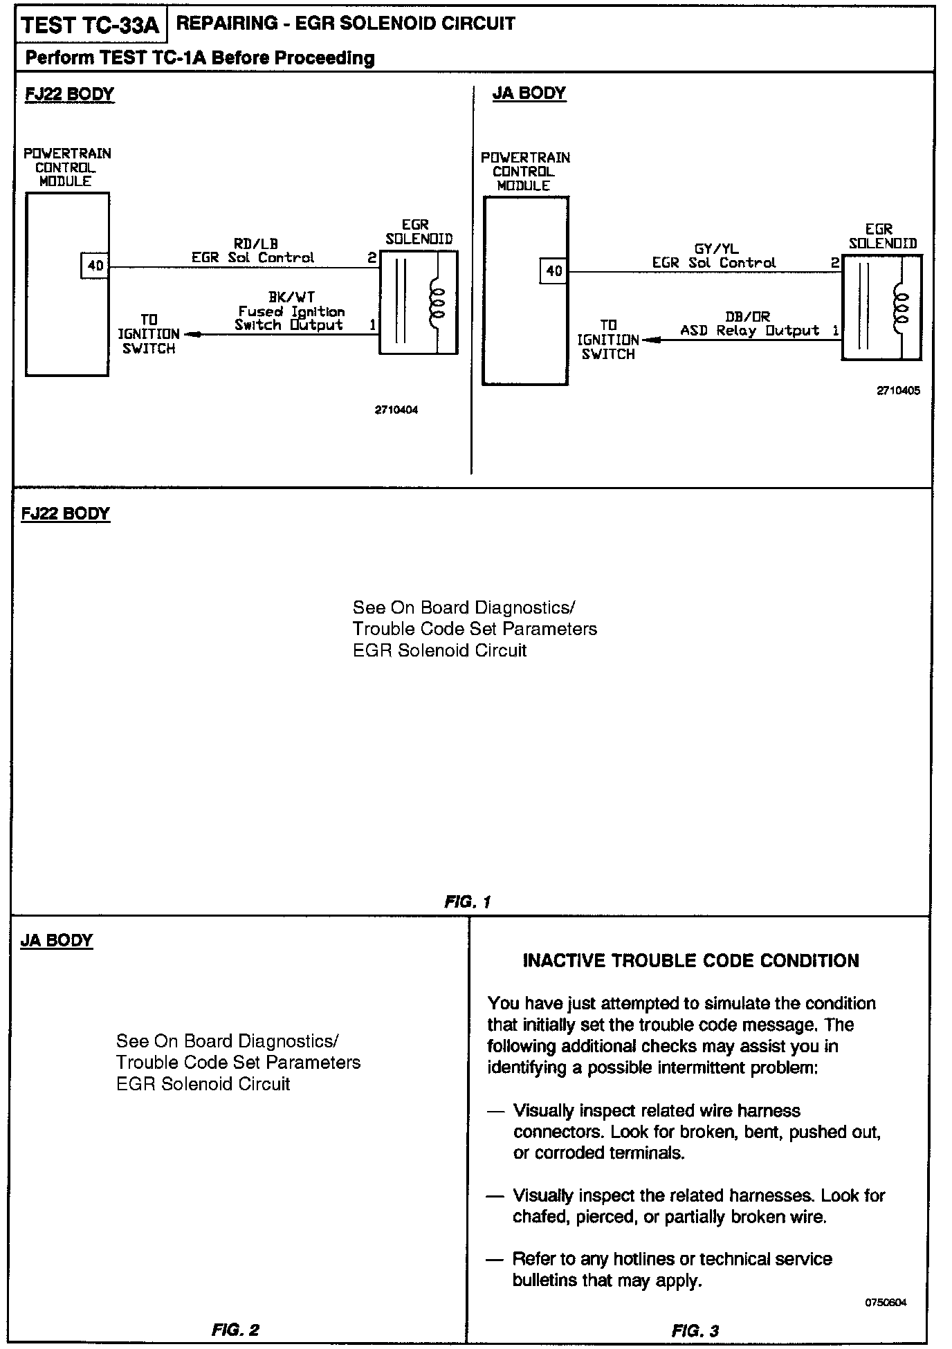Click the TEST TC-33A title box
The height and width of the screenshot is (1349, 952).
coord(90,26)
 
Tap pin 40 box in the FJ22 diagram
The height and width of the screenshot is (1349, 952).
coord(95,266)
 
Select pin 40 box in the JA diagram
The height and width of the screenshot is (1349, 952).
coord(554,270)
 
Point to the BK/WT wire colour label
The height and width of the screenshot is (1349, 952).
coord(291,298)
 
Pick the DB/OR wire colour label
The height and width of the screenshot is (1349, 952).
coord(748,317)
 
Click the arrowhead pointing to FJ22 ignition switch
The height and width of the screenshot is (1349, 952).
coord(192,335)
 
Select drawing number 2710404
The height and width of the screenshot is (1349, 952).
coord(396,410)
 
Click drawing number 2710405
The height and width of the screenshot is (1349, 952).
coord(899,390)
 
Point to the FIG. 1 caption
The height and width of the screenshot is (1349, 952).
coord(468,902)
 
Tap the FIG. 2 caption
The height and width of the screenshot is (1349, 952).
coord(236,1330)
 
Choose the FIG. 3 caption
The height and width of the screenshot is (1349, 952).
coord(695,1330)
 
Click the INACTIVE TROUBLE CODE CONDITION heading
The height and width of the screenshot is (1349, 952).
coord(690,960)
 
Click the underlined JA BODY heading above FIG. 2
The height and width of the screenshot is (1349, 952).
coord(57,941)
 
